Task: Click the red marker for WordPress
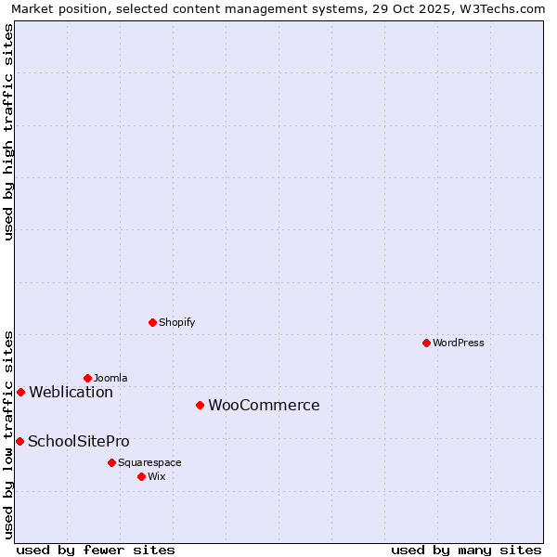426,343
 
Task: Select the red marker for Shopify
152,322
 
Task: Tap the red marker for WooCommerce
200,405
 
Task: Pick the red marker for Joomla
87,378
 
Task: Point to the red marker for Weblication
20,392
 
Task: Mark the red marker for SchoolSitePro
19,441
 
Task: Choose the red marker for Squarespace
111,462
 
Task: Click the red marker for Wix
141,476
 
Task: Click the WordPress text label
459,343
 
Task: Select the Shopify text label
176,322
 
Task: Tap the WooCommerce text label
264,405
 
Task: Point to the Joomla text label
110,378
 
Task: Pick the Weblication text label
71,392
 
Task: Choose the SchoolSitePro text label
79,441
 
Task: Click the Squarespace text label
149,462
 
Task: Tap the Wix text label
157,476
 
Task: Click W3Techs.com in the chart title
504,8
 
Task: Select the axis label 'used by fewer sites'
96,550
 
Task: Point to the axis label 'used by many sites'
466,550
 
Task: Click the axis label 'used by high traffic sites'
8,132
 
